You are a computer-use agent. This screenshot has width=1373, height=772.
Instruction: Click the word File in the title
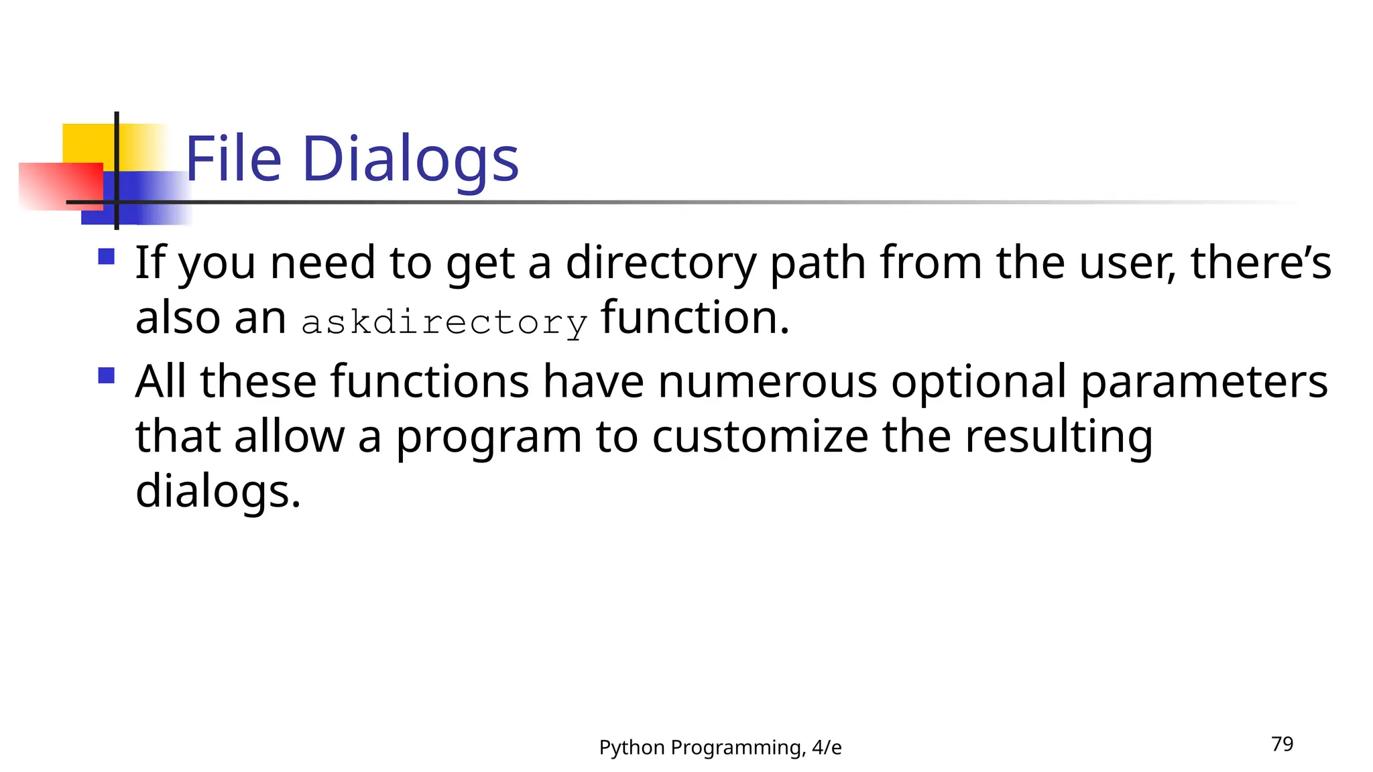tap(233, 159)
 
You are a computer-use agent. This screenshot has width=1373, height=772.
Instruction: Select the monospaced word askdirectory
tap(444, 322)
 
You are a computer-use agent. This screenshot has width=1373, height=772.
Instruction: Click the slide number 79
tap(1282, 744)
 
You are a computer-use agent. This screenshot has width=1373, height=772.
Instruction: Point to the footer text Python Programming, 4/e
tap(720, 747)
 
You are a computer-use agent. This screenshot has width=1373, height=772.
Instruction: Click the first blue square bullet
tap(106, 257)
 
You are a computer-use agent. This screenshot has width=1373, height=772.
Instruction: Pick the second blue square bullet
tap(106, 375)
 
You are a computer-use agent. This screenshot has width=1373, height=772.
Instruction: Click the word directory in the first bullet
tap(661, 263)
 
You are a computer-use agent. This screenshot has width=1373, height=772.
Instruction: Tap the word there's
tap(1260, 263)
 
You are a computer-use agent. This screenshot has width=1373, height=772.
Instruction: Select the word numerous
tap(767, 382)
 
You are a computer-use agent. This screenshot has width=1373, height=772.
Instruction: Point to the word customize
tap(760, 437)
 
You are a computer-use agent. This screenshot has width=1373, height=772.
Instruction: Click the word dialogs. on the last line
tap(218, 492)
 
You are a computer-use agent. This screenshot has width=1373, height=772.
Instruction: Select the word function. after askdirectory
tap(695, 318)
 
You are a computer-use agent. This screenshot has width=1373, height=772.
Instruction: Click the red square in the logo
tap(60, 186)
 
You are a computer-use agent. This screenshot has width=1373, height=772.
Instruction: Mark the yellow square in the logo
tap(88, 142)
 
